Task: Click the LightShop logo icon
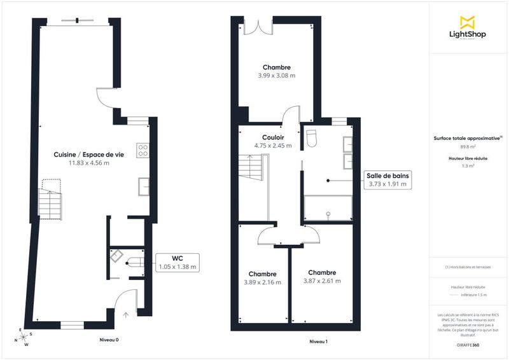click(x=468, y=22)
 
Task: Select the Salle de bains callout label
click(x=387, y=179)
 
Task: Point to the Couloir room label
click(x=273, y=137)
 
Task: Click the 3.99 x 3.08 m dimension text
click(x=277, y=76)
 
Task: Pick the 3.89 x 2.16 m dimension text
click(x=262, y=282)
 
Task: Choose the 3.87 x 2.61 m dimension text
click(x=321, y=280)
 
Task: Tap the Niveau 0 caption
click(x=109, y=340)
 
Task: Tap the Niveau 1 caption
click(x=318, y=342)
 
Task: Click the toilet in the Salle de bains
click(x=311, y=137)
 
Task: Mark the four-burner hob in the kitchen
click(x=143, y=151)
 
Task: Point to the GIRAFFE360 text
click(x=468, y=344)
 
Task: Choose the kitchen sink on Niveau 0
click(x=143, y=186)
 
